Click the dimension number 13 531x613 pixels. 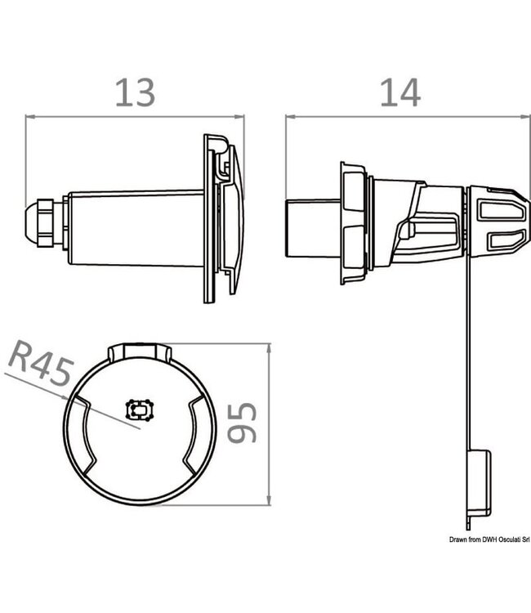(135, 93)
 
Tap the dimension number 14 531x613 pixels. (400, 93)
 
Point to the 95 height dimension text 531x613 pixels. (244, 423)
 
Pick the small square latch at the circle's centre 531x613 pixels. (139, 409)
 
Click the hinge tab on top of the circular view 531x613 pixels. (140, 352)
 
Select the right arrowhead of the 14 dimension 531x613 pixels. (524, 117)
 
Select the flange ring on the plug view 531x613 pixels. (352, 223)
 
